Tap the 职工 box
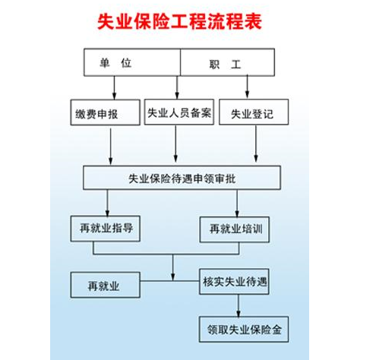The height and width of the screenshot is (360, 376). click(228, 63)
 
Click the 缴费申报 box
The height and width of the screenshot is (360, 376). click(106, 113)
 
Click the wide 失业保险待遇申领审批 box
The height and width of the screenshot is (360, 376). click(182, 178)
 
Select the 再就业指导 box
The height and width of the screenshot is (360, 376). click(106, 228)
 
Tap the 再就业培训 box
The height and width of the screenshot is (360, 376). click(235, 229)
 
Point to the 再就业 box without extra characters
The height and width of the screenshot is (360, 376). click(105, 286)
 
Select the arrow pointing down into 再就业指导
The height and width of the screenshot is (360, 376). click(107, 204)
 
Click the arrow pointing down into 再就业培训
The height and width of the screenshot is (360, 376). click(238, 204)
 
